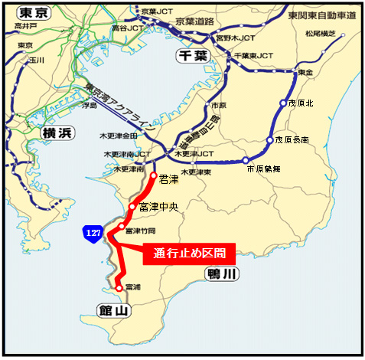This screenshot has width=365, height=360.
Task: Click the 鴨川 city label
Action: (x=223, y=273)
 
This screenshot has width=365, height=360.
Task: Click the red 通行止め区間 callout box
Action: (x=188, y=254)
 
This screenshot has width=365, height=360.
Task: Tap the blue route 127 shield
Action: (x=91, y=232)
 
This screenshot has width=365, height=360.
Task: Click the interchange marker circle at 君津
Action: (x=154, y=175)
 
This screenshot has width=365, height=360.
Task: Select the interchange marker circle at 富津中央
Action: (x=133, y=207)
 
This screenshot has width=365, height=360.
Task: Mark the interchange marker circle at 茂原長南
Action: (x=269, y=140)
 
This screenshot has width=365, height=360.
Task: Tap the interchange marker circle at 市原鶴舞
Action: (x=246, y=161)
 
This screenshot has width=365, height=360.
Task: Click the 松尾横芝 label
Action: (x=320, y=34)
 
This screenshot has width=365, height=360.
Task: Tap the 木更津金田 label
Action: (x=120, y=136)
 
